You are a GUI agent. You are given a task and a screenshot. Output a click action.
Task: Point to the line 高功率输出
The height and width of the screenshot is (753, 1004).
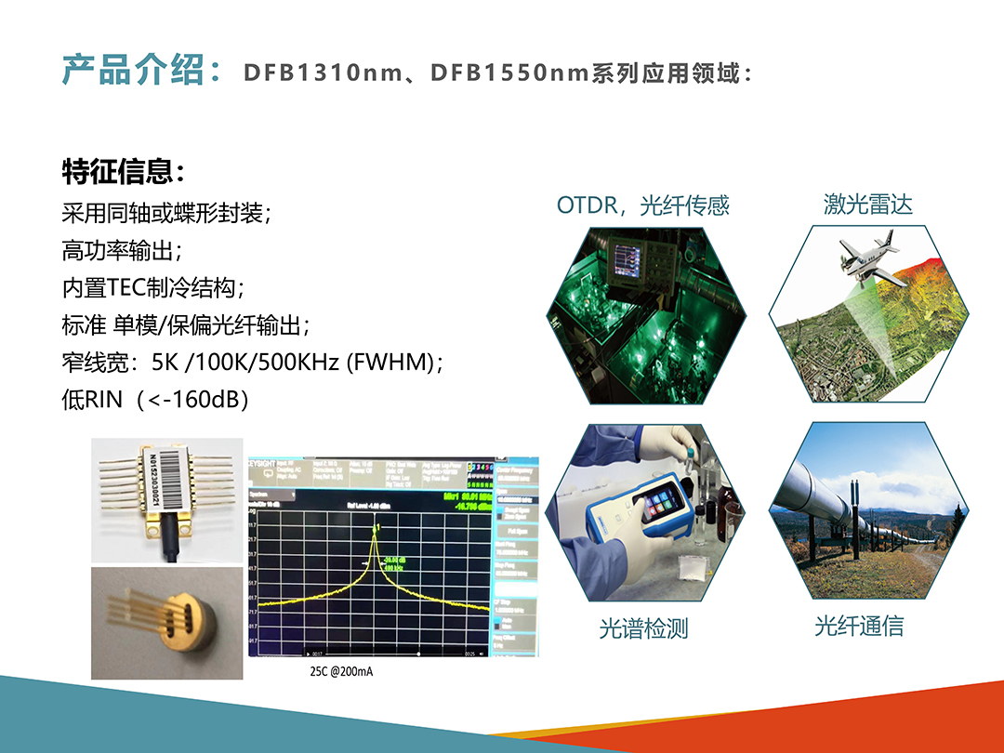118,250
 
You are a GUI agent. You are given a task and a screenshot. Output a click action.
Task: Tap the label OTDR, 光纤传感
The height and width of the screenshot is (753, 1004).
643,205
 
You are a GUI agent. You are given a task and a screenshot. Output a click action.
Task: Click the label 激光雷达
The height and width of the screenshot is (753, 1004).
867,205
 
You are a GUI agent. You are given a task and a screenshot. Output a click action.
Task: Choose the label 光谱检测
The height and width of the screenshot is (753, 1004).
643,628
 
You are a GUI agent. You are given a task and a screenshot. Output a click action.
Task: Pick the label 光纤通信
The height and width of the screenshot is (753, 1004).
859,626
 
